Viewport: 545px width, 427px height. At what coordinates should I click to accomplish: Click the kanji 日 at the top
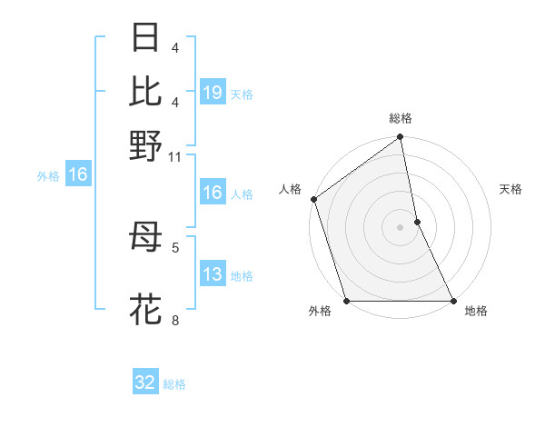pos(146,39)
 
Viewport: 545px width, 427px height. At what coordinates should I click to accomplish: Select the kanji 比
pos(146,92)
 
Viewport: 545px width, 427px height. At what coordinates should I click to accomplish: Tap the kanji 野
pos(146,145)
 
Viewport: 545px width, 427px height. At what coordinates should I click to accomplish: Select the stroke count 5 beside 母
pos(175,246)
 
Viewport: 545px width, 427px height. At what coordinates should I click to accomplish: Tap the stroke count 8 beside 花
pos(175,320)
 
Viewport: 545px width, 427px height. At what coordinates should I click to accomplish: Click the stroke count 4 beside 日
pos(175,47)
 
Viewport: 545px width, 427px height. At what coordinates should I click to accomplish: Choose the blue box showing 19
pos(213,93)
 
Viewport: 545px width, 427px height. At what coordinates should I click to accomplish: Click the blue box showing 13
pos(213,275)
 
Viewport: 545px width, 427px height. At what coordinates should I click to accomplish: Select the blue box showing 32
pos(145,382)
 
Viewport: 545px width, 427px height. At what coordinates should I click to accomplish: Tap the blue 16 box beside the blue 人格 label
pos(213,193)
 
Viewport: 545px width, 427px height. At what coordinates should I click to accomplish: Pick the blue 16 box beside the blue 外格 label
pos(78,175)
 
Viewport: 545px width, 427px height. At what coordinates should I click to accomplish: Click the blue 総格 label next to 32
pos(174,384)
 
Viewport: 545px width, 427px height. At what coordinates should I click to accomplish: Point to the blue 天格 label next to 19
pos(242,94)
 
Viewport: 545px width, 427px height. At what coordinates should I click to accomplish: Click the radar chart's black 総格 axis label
pos(401,118)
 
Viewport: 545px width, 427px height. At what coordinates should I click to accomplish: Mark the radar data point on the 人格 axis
pos(313,199)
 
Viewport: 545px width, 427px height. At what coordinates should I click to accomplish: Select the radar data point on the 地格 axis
pos(452,301)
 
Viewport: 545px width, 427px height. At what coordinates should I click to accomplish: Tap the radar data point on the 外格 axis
pos(346,301)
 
